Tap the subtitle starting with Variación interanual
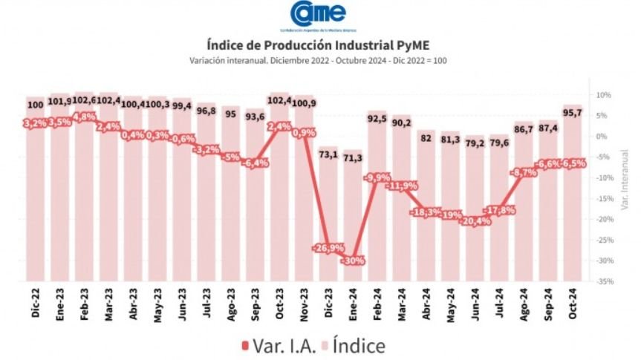click(319, 60)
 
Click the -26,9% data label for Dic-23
click(327, 247)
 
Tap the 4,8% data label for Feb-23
click(83, 117)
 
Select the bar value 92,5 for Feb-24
click(377, 118)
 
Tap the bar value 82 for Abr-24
click(426, 137)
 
